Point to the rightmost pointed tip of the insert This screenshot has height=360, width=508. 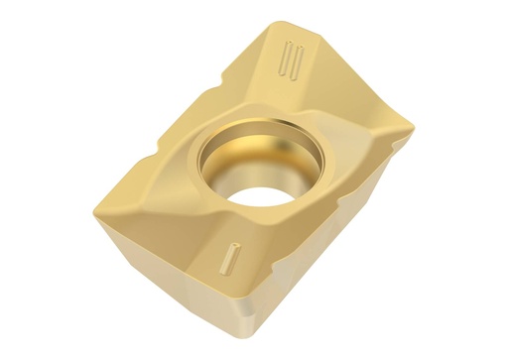(411, 127)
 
